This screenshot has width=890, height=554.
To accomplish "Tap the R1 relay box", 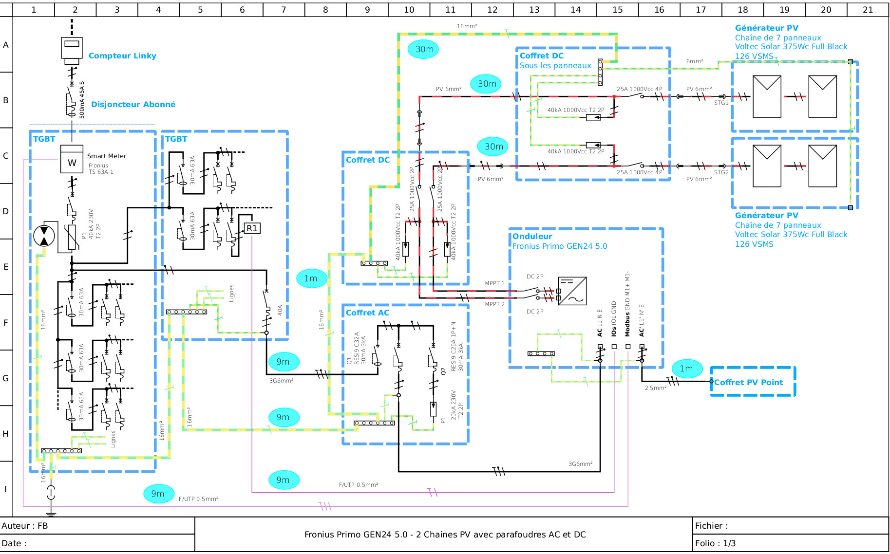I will (252, 228).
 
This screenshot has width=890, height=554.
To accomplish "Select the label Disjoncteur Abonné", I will (133, 104).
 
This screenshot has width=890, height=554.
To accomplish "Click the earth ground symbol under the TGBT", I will (51, 512).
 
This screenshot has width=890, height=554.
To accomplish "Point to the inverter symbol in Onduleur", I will (572, 291).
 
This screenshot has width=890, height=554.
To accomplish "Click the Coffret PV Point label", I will (748, 382).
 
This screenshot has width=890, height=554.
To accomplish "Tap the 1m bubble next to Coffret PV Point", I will (686, 369).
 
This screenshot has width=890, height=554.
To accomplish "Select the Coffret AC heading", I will (367, 313).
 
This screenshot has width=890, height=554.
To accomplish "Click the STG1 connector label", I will (721, 103).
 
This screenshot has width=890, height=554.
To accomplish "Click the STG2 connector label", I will (721, 172).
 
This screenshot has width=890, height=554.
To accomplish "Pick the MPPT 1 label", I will (494, 283).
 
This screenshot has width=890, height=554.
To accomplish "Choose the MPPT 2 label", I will (494, 304).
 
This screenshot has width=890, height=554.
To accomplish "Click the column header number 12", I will (492, 10).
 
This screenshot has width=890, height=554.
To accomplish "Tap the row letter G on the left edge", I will (6, 378).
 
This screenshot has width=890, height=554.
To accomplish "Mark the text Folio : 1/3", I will (715, 543).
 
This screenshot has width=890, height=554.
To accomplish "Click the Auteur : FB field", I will (25, 526).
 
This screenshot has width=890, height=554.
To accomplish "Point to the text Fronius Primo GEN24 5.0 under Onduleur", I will (560, 246).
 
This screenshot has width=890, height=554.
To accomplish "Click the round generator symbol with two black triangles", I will (44, 236).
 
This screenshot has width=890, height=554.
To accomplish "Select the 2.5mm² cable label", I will (655, 388).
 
